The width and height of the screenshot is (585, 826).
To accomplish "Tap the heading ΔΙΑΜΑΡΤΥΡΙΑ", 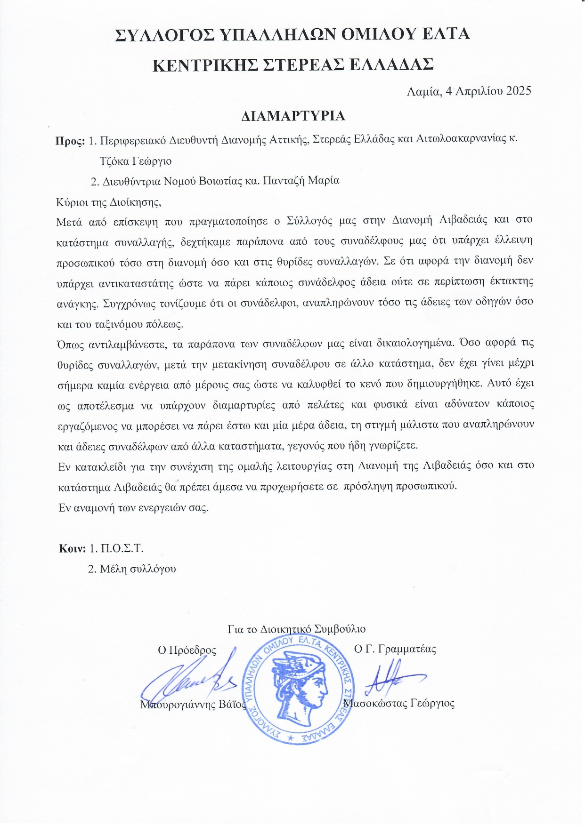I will [293, 116].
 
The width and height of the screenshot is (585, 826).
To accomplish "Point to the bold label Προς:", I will [70, 141].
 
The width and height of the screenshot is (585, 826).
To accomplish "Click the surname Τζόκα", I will [114, 161].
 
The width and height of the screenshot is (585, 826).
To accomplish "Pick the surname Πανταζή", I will [295, 181].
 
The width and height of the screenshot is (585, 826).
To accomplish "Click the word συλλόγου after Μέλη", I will [153, 569].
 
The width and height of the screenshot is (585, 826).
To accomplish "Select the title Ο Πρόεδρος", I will [187, 650].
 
